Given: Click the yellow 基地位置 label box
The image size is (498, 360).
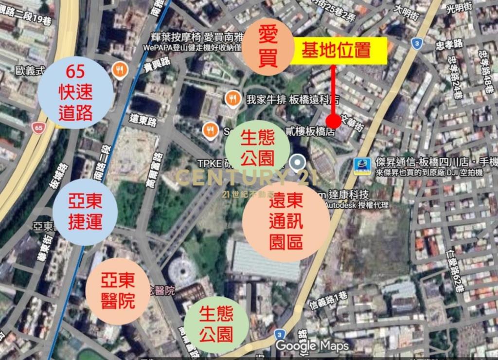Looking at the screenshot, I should pos(339,51).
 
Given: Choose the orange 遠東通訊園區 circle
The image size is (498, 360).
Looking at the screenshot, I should pos(285,223).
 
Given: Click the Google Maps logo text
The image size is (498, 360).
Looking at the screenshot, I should pos(312,346).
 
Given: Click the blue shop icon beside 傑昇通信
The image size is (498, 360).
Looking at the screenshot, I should pos(362,166).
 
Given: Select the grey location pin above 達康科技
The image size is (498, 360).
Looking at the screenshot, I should pos(297,163).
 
